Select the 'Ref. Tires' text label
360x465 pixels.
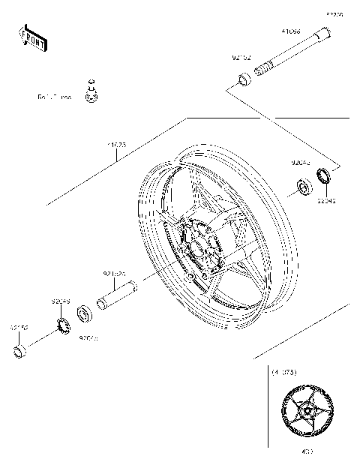tap(55, 97)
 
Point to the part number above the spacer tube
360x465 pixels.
tap(113, 274)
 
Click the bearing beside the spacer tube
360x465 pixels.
tap(84, 310)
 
